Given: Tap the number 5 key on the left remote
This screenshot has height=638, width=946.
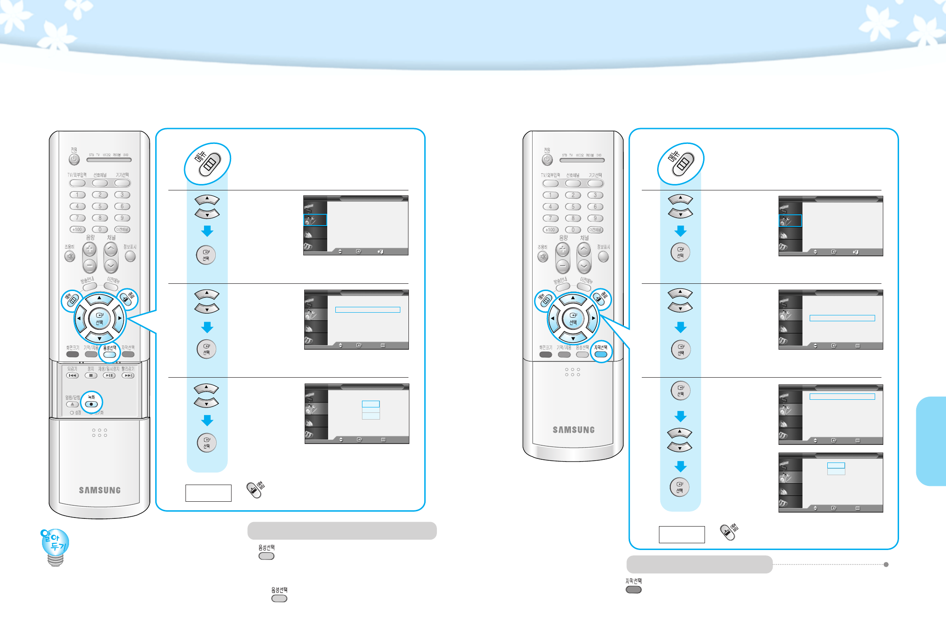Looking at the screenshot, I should coord(100,206).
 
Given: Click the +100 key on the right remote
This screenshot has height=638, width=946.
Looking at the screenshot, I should coord(550,230).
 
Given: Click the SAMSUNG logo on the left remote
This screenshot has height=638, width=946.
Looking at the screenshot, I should coord(100,490).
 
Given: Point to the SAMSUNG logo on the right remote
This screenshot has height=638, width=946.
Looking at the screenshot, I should coord(574,430).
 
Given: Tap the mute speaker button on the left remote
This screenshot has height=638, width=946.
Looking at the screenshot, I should coord(70,257).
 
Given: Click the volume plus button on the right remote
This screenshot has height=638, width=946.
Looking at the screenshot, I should coord(562,250).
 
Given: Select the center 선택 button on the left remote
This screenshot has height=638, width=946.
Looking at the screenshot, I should coord(99,319).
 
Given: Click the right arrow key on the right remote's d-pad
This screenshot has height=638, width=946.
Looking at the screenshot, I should coord(594,318).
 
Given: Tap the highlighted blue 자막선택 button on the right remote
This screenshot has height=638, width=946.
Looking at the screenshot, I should coord(601,354).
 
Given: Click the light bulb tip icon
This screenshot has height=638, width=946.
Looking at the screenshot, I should coord(55,546).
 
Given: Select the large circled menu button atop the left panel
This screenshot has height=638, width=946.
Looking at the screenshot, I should coord(208,164).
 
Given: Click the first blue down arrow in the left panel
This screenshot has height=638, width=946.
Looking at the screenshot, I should coord(207,231).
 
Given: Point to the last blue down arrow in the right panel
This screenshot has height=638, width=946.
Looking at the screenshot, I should coord(681,466).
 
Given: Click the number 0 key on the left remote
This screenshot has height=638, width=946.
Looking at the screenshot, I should coord(100,229).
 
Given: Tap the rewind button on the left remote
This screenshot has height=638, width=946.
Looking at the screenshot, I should coord(72,375).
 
